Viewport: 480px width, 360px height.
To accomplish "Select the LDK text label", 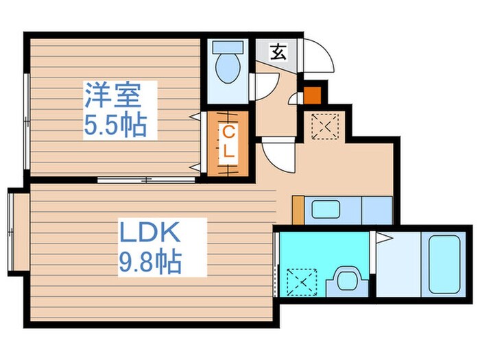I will point(150,233).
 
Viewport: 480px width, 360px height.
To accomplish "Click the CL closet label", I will point(228,142).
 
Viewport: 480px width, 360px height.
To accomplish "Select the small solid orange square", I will point(312,91).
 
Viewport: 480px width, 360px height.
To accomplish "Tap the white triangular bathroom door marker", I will point(383,239).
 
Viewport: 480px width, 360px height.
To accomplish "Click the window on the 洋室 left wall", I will point(26,121).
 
